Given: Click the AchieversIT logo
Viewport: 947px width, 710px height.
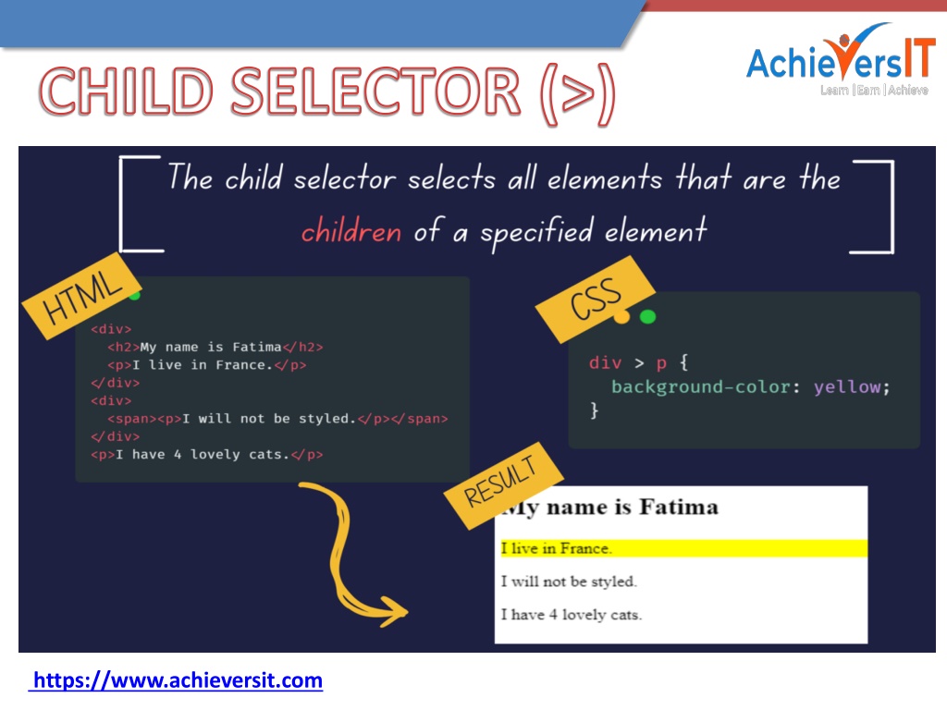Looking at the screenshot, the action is click(840, 59).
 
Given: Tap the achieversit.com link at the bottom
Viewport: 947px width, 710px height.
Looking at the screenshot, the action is click(176, 680).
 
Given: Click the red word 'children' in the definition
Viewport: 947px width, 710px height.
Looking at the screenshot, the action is click(351, 231).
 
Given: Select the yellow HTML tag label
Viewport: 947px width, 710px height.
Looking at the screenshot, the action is click(82, 296).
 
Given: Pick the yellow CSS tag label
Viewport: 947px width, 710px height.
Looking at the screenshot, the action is click(596, 299).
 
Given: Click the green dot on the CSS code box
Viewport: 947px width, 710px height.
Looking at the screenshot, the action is click(647, 316).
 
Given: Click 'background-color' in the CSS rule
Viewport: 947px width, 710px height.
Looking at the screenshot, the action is click(701, 386).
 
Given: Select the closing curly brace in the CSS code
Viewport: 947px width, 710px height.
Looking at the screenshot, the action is click(595, 410).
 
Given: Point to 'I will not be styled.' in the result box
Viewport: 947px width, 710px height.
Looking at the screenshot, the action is click(569, 581).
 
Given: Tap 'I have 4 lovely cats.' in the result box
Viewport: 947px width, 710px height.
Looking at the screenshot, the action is click(572, 615).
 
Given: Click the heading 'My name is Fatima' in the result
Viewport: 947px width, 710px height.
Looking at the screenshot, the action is click(610, 508).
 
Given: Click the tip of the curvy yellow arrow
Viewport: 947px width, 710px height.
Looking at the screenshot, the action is click(407, 612).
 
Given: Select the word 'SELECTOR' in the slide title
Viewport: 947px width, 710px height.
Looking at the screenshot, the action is click(375, 92).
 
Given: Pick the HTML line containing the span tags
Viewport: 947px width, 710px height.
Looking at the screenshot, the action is click(277, 419).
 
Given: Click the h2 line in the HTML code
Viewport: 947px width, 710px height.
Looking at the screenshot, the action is click(215, 348).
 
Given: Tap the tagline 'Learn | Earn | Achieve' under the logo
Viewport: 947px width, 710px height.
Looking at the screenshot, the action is click(874, 90).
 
